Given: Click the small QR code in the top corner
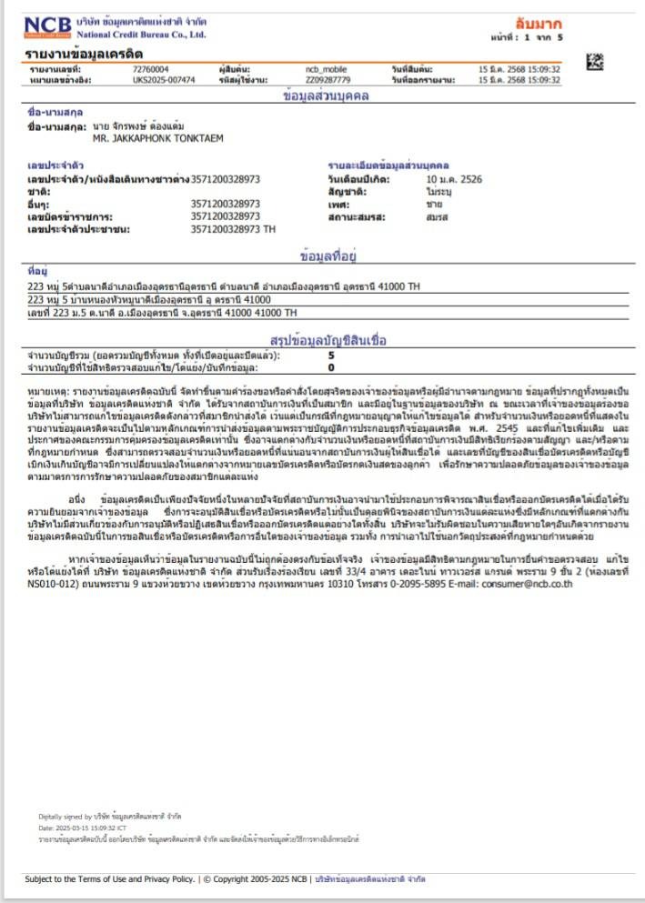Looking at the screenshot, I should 595,63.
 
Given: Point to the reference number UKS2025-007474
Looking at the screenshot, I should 164,80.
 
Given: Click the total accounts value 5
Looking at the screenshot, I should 331,356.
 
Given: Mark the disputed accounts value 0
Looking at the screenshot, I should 331,367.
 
